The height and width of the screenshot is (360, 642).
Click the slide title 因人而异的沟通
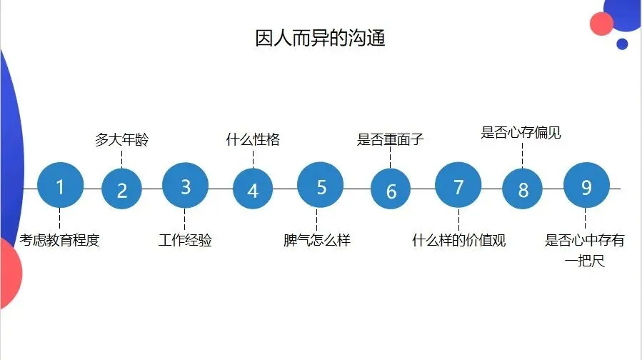point(321,38)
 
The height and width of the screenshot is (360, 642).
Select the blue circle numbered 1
point(60,187)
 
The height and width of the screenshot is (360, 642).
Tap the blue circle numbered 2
point(122,190)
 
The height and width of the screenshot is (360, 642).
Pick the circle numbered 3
point(185,187)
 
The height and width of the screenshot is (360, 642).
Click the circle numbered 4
point(253,190)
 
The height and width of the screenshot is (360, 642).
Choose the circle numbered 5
point(321,187)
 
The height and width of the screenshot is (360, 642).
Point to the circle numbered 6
point(391,191)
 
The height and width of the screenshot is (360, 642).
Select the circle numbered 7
point(458,187)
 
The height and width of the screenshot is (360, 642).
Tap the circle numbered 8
point(523,190)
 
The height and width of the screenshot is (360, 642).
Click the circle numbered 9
point(586,187)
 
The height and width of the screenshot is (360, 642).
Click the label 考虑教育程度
point(60,240)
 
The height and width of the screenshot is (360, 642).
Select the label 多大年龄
point(122,139)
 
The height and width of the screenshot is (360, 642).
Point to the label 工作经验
point(185,240)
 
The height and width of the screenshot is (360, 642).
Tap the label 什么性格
point(253,139)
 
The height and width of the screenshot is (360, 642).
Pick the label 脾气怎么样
point(317,240)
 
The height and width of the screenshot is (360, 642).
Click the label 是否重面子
point(391,139)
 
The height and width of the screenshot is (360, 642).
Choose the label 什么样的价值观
point(458,240)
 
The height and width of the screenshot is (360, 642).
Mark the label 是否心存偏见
point(521,132)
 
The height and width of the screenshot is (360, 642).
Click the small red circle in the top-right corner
point(602,24)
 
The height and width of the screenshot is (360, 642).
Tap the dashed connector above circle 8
point(522,154)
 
